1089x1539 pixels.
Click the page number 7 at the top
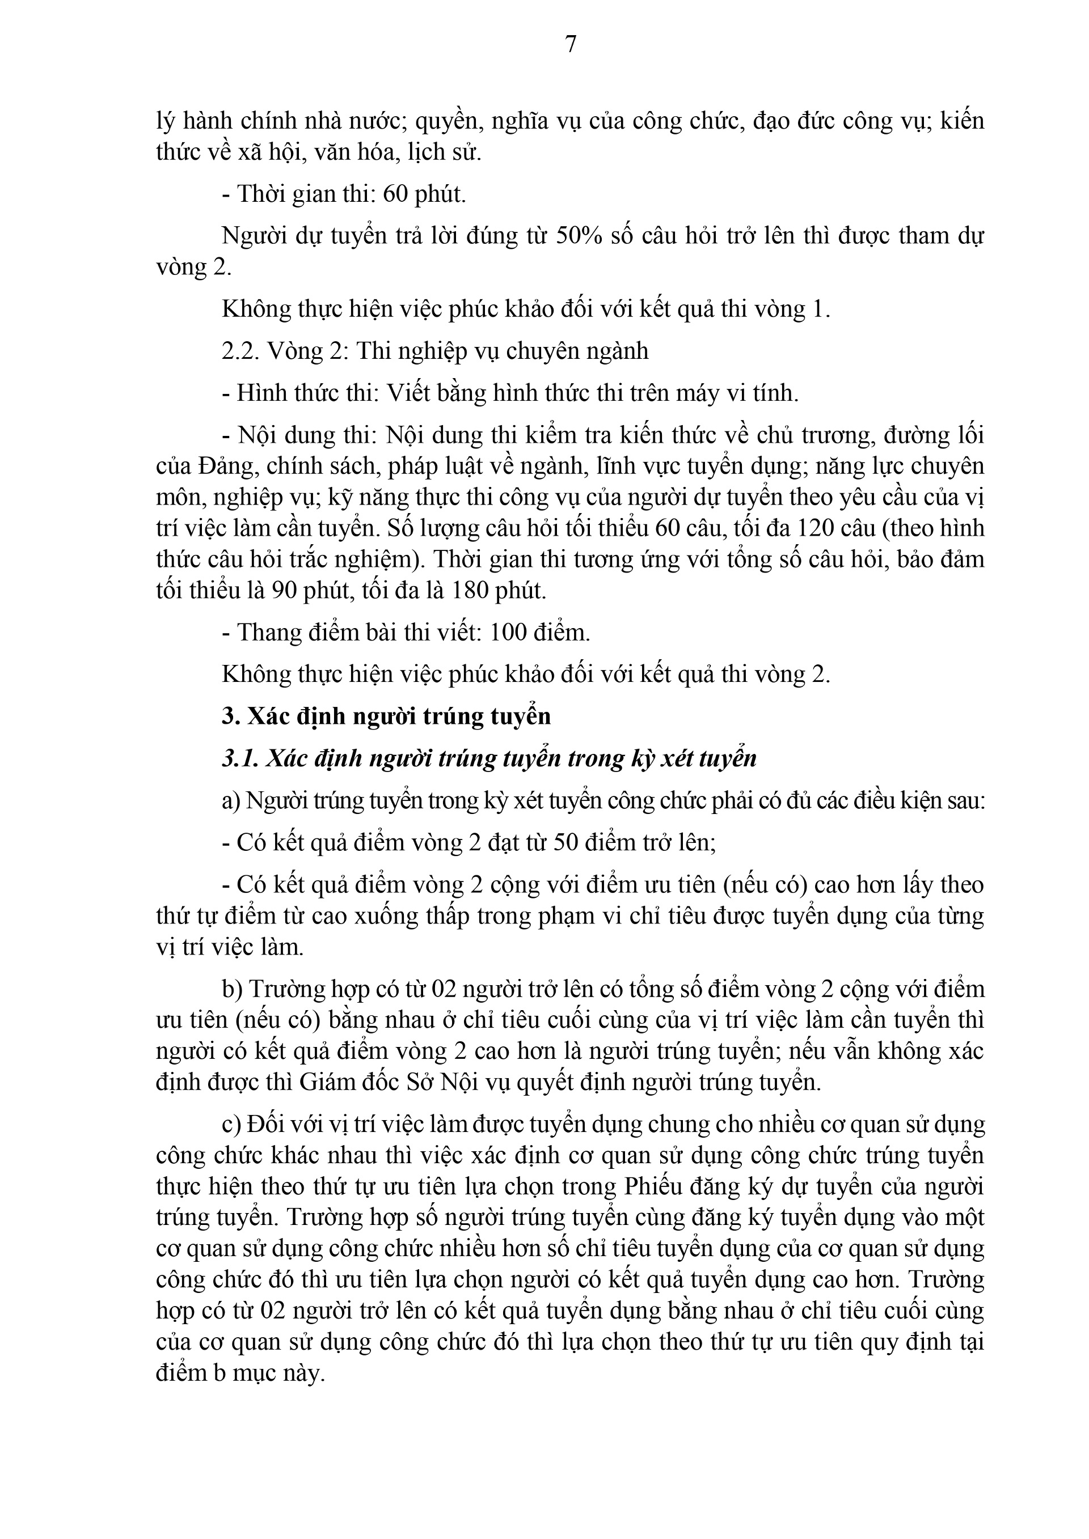[571, 44]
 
